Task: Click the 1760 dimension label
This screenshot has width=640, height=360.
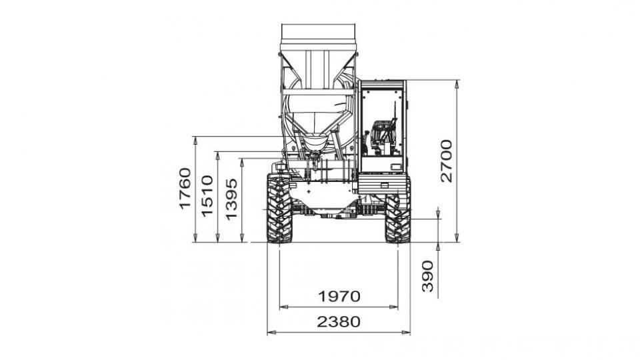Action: pyautogui.click(x=185, y=189)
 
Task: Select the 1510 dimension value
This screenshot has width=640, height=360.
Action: pyautogui.click(x=207, y=196)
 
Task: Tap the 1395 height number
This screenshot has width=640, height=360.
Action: pyautogui.click(x=231, y=199)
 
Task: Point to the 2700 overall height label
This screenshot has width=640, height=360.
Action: pyautogui.click(x=447, y=161)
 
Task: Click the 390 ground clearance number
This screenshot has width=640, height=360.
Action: pyautogui.click(x=427, y=276)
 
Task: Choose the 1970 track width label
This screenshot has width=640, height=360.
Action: pyautogui.click(x=339, y=296)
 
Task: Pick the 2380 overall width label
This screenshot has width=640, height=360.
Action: pyautogui.click(x=339, y=321)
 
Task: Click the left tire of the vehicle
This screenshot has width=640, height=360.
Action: pyautogui.click(x=279, y=209)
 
